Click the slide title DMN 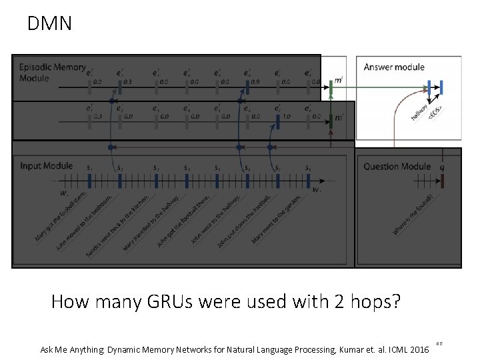click(x=49, y=24)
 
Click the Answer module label click(x=395, y=67)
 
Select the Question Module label click(x=397, y=166)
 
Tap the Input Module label click(x=46, y=165)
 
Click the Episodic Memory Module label click(x=52, y=72)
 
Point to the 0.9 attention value click(x=255, y=83)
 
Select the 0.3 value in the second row click(x=98, y=116)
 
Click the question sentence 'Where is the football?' click(x=413, y=215)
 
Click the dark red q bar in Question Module click(x=441, y=180)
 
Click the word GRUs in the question click(x=185, y=302)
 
